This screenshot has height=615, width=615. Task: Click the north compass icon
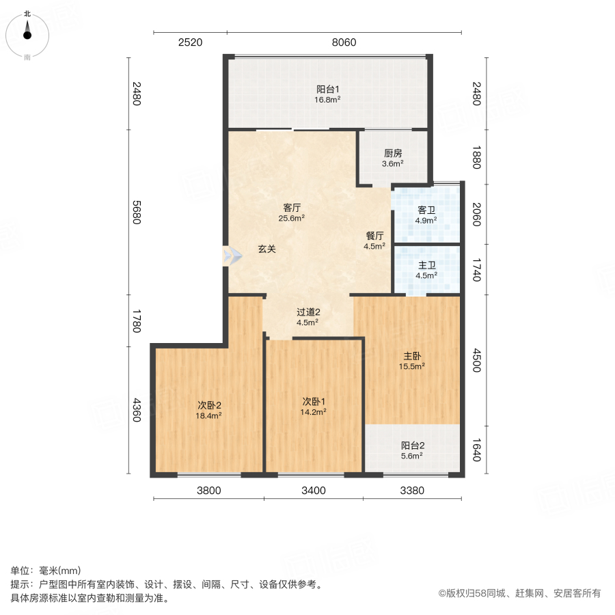pos(27,34)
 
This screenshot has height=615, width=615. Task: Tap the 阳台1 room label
pos(327,94)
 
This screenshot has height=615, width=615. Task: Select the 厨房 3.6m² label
pos(392,159)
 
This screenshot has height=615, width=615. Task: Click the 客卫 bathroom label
pos(426,215)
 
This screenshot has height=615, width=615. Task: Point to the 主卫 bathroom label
pos(426,271)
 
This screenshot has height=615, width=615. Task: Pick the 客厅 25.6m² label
pos(292,213)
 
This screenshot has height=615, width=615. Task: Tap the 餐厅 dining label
pos(374,241)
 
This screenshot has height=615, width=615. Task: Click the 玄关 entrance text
pos(266,249)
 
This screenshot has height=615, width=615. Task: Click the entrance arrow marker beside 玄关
pos(232,256)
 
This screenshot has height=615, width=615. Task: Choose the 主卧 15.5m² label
pos(412,361)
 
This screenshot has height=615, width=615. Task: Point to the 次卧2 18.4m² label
pos(209,409)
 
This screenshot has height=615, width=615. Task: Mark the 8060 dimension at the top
pos(344,42)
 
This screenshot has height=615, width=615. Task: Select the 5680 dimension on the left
pos(137,212)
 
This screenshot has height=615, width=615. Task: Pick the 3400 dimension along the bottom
pos(314,490)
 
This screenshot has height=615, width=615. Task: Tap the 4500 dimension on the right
pos(476,359)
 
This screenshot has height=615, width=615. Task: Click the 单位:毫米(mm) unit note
pos(46,571)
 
